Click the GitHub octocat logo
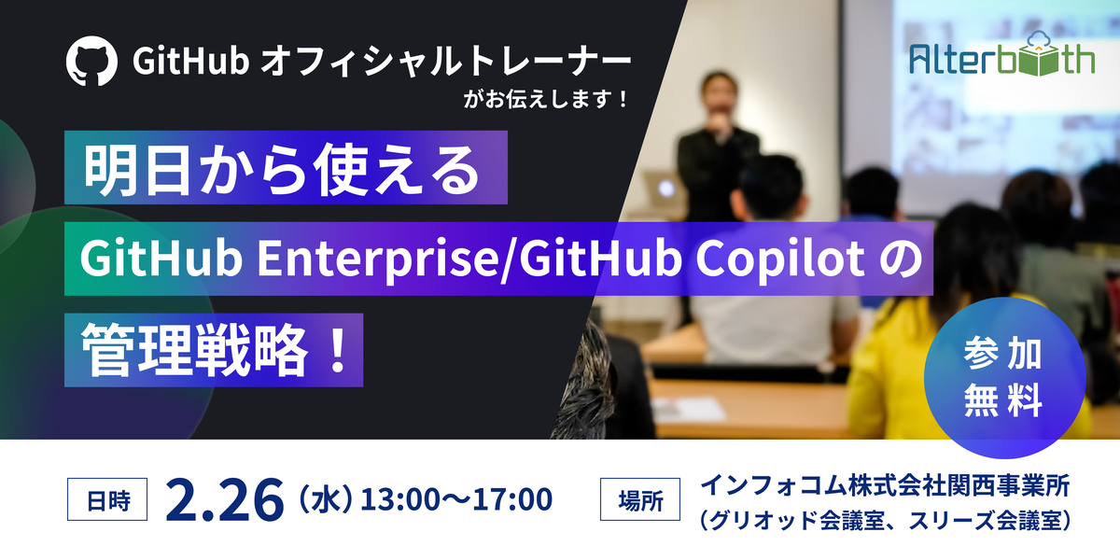pyautogui.click(x=91, y=61)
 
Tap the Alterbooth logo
pyautogui.click(x=1002, y=54)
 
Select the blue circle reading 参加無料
pyautogui.click(x=1004, y=377)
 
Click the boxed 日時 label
pyautogui.click(x=107, y=499)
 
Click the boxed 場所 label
pyautogui.click(x=640, y=499)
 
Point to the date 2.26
pyautogui.click(x=225, y=499)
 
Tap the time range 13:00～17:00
pyautogui.click(x=456, y=499)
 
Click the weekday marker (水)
pyautogui.click(x=326, y=499)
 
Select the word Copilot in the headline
pyautogui.click(x=780, y=259)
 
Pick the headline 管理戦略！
pyautogui.click(x=214, y=350)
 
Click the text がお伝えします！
pyautogui.click(x=546, y=99)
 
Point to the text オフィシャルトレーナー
pyautogui.click(x=446, y=61)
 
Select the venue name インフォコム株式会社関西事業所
pyautogui.click(x=885, y=485)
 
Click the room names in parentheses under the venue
pyautogui.click(x=885, y=520)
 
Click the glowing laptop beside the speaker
pyautogui.click(x=663, y=189)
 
